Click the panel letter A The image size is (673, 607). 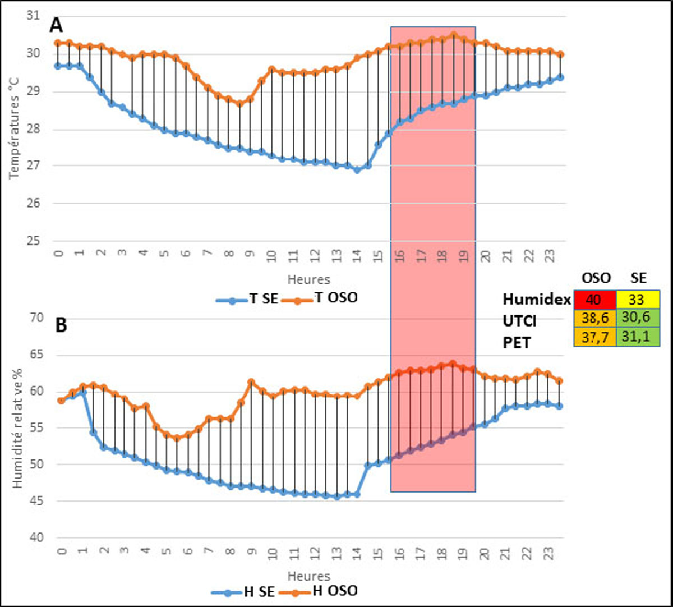coord(56,25)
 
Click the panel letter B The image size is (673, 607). coord(61,326)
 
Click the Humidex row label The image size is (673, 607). coord(535,300)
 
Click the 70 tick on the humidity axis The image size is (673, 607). coord(41,318)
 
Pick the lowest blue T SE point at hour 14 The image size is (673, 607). coord(357,170)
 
